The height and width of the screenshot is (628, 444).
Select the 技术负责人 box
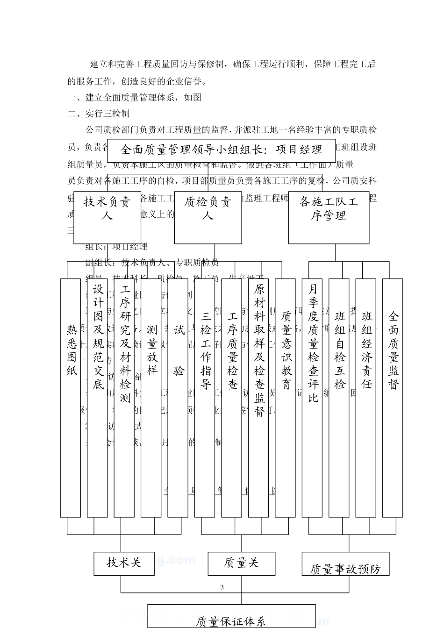pyautogui.click(x=107, y=217)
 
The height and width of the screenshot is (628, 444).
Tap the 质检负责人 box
pyautogui.click(x=208, y=217)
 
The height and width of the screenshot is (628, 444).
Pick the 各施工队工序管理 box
pyautogui.click(x=329, y=217)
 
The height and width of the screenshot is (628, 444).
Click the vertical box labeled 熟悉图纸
pyautogui.click(x=71, y=398)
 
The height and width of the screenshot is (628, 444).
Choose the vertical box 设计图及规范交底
pyautogui.click(x=97, y=398)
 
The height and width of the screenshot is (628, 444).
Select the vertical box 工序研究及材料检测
pyautogui.click(x=124, y=398)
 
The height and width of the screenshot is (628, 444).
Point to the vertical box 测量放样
pyautogui.click(x=151, y=398)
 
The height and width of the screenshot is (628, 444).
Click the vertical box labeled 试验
pyautogui.click(x=178, y=398)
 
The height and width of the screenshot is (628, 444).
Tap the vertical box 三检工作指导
pyautogui.click(x=205, y=398)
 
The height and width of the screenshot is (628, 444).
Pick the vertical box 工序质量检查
pyautogui.click(x=232, y=398)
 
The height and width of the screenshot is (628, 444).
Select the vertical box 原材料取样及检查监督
pyautogui.click(x=258, y=398)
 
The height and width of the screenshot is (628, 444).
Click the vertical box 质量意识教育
pyautogui.click(x=286, y=398)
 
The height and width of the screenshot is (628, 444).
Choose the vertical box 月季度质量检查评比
pyautogui.click(x=312, y=398)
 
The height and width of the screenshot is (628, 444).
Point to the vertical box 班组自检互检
pyautogui.click(x=339, y=398)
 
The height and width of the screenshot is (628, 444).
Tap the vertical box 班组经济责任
pyautogui.click(x=366, y=398)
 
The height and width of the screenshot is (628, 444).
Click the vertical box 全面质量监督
pyautogui.click(x=393, y=398)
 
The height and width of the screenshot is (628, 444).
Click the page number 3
pyautogui.click(x=222, y=587)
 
